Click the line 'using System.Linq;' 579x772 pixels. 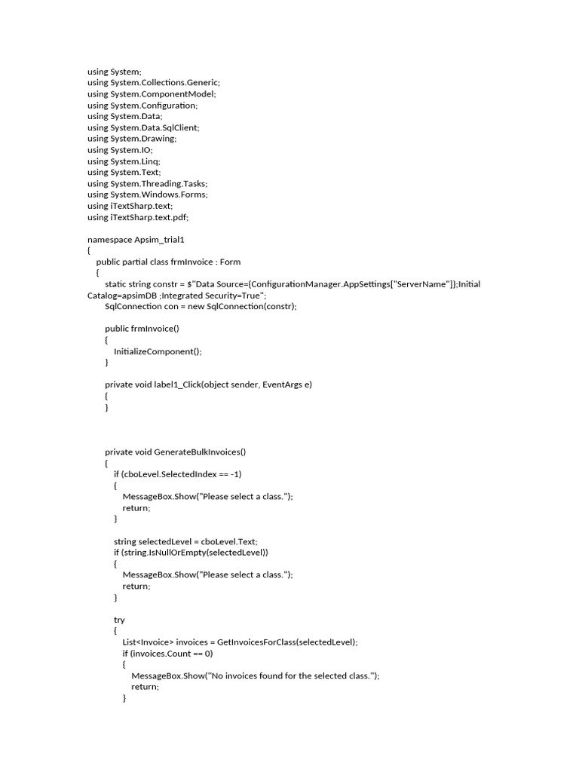click(124, 161)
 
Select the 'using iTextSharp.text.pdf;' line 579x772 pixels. click(138, 217)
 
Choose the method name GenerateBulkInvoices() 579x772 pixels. click(200, 452)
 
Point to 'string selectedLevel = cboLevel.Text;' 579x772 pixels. click(186, 541)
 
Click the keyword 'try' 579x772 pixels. click(119, 620)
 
